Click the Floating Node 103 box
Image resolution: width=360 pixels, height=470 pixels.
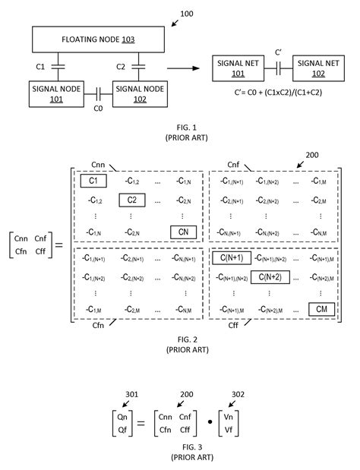[x=98, y=39]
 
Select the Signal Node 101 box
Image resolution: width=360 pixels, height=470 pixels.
[x=56, y=94]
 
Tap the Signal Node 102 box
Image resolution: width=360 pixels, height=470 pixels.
[x=140, y=94]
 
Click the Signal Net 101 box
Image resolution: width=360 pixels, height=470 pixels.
[x=238, y=68]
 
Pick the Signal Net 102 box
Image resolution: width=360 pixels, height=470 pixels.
[x=318, y=68]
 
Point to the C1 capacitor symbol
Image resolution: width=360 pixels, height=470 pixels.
[x=58, y=67]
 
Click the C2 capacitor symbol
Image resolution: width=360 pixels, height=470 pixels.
[x=138, y=67]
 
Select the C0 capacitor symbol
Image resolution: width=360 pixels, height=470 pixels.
[x=98, y=94]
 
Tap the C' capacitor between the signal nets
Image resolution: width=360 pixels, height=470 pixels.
[x=278, y=68]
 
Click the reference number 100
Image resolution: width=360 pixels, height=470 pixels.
[x=186, y=14]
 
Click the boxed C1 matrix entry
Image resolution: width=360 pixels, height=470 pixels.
[x=93, y=181]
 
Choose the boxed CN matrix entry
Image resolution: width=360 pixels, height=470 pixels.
[x=184, y=232]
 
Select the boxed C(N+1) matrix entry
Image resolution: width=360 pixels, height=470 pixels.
[x=232, y=258]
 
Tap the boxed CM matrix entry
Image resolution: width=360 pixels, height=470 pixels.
[x=321, y=309]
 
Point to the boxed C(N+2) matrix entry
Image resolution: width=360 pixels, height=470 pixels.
[x=270, y=277]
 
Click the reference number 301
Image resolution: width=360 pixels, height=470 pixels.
[x=131, y=394]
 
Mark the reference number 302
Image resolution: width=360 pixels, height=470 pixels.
[x=238, y=394]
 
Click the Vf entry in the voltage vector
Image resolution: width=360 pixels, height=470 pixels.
[x=229, y=430]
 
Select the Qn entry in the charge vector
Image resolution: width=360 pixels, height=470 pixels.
[x=122, y=417]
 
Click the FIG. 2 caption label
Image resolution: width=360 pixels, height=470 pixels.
[x=188, y=339]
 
